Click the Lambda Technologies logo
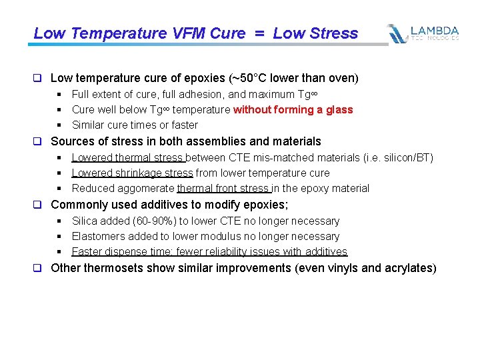pos(423,33)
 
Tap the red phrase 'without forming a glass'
pos(293,109)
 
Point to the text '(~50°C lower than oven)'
pos(299,78)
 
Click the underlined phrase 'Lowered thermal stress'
pos(128,157)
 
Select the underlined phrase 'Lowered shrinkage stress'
pos(132,173)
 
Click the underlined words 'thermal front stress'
pos(223,188)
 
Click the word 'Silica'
pos(85,221)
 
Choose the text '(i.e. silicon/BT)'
pos(395,157)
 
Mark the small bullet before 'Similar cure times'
pos(59,125)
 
